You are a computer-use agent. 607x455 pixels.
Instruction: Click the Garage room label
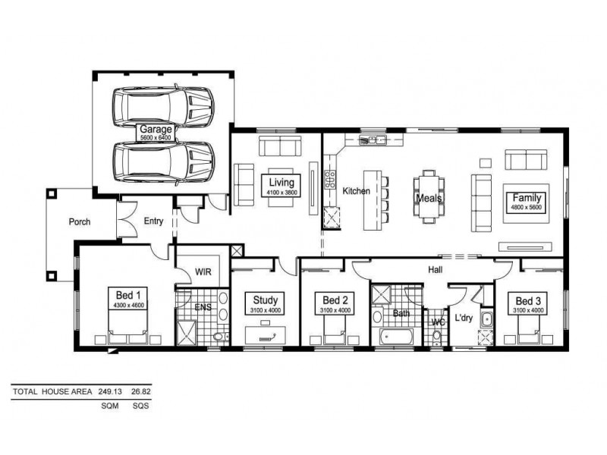click(156, 130)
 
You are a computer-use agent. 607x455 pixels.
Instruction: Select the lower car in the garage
click(162, 161)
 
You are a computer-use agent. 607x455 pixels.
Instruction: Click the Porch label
click(80, 222)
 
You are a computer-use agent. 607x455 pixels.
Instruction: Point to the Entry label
click(153, 221)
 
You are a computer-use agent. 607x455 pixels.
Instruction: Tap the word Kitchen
click(357, 191)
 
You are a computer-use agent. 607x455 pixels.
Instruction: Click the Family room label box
click(527, 202)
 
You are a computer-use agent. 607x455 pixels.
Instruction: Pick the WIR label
click(203, 270)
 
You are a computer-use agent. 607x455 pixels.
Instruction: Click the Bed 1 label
click(128, 294)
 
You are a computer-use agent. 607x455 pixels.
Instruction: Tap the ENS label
click(203, 307)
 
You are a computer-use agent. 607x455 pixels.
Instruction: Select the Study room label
click(266, 300)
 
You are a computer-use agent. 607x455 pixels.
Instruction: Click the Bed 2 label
click(335, 300)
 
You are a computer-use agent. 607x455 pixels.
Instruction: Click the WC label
click(437, 322)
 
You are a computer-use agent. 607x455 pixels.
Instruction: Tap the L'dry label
click(463, 318)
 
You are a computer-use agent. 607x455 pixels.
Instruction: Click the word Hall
click(436, 269)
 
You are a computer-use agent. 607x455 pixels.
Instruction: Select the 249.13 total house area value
click(110, 392)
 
